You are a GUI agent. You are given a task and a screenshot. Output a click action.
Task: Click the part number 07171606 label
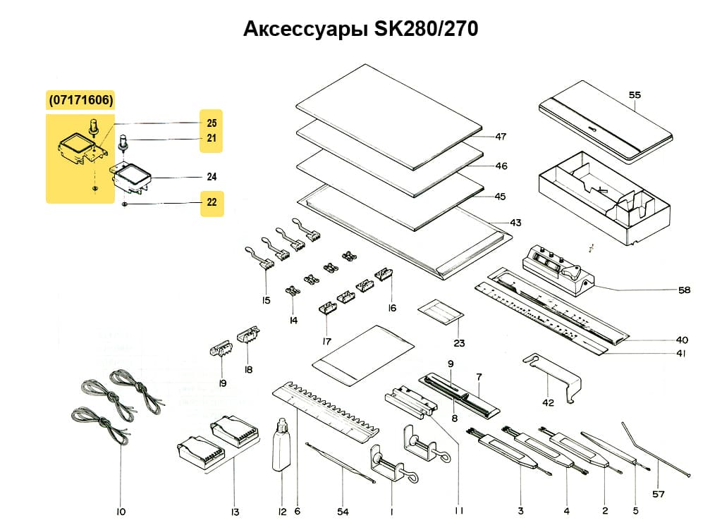click(80, 100)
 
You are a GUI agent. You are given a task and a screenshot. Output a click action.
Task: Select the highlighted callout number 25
click(212, 123)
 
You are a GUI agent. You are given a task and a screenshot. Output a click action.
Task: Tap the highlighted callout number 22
click(212, 204)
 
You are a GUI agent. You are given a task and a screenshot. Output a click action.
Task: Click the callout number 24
click(212, 177)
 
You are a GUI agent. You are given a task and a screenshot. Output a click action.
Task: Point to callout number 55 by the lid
click(635, 94)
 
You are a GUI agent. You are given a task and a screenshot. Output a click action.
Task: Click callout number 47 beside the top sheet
click(501, 137)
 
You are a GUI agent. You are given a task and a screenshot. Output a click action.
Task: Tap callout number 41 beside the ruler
click(680, 354)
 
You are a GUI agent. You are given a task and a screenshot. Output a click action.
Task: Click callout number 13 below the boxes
click(235, 512)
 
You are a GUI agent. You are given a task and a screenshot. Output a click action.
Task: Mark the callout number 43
click(515, 223)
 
